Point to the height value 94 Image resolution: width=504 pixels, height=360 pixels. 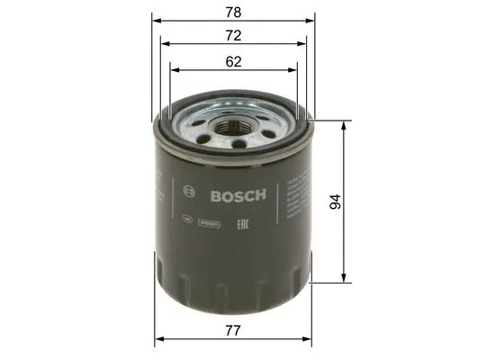[x=336, y=202]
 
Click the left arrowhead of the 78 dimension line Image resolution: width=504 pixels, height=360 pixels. [x=156, y=18]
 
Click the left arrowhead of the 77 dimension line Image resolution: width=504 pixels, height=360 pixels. [x=160, y=338]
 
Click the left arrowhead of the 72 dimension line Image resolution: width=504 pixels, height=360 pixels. [x=164, y=41]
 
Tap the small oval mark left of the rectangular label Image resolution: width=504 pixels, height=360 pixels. [x=186, y=218]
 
